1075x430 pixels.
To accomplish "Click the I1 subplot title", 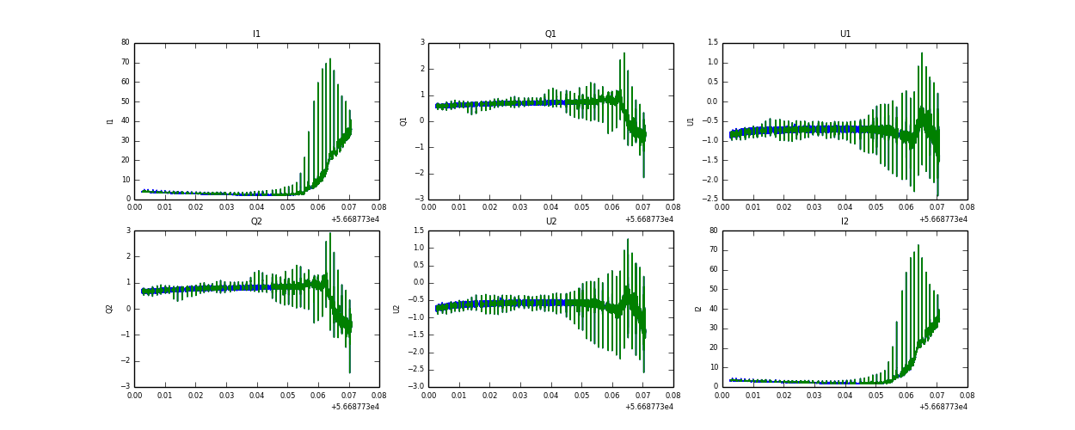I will tap(256, 34).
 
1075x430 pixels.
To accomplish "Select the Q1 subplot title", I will tap(550, 34).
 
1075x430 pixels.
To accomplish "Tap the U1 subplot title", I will tap(845, 34).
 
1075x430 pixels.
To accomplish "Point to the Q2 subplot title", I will tap(256, 222).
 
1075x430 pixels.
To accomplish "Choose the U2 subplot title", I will tap(550, 222).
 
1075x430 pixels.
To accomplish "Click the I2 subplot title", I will tap(845, 222).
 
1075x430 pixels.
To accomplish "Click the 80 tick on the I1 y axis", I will tap(126, 43).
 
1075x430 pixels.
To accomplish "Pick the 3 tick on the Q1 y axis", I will tap(422, 43).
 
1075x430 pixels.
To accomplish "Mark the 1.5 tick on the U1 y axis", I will tap(713, 43).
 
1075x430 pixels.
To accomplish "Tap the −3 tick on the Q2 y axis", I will tap(126, 387).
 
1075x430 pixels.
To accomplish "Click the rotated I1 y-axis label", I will tap(110, 121).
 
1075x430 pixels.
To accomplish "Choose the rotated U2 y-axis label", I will tap(396, 309).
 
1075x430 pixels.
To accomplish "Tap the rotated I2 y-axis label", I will tap(697, 309).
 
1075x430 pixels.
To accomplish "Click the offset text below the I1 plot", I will tap(355, 219).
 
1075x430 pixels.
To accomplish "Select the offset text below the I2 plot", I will tap(943, 407).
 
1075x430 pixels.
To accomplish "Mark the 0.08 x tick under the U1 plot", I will tap(967, 207).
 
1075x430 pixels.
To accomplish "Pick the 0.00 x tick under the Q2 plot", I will tap(135, 395).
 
